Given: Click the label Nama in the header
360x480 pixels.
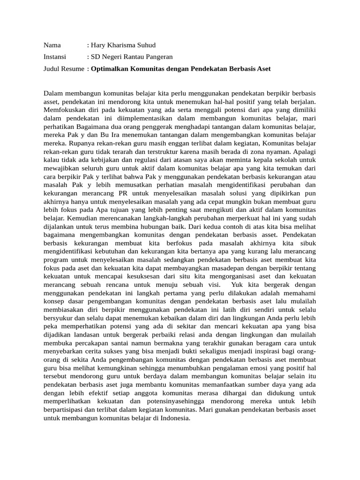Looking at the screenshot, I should (x=52, y=45).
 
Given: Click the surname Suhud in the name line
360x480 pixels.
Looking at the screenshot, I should (x=145, y=45).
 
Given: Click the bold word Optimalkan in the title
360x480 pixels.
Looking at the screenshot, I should (x=110, y=69).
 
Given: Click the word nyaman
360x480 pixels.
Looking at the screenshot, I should (x=277, y=152).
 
